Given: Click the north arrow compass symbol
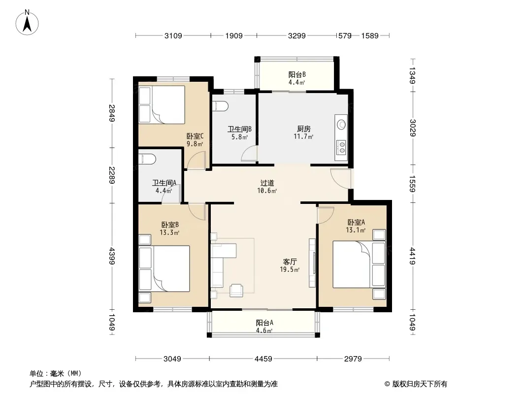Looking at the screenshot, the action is (x=27, y=23).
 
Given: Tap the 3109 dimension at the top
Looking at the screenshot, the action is (x=173, y=35).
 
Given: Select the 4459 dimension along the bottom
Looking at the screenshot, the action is (x=263, y=359).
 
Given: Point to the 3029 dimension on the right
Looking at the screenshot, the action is (x=413, y=128).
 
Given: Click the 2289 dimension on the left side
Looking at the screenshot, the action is (x=112, y=175).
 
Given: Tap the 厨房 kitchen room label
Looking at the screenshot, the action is (x=304, y=129).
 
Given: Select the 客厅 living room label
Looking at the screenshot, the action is (x=290, y=262).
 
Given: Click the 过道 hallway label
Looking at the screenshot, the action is (x=267, y=183).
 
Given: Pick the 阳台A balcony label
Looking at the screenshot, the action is (x=264, y=323).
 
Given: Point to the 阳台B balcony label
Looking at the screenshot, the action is (x=297, y=75).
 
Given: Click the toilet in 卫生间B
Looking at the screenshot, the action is (x=220, y=106).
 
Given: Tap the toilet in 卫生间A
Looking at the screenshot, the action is (x=147, y=159).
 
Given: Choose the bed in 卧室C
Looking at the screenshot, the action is (x=162, y=105).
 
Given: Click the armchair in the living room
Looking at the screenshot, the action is (x=236, y=290).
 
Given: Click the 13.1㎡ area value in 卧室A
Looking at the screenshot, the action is (x=356, y=230).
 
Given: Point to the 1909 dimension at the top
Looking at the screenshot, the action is (x=234, y=35).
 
